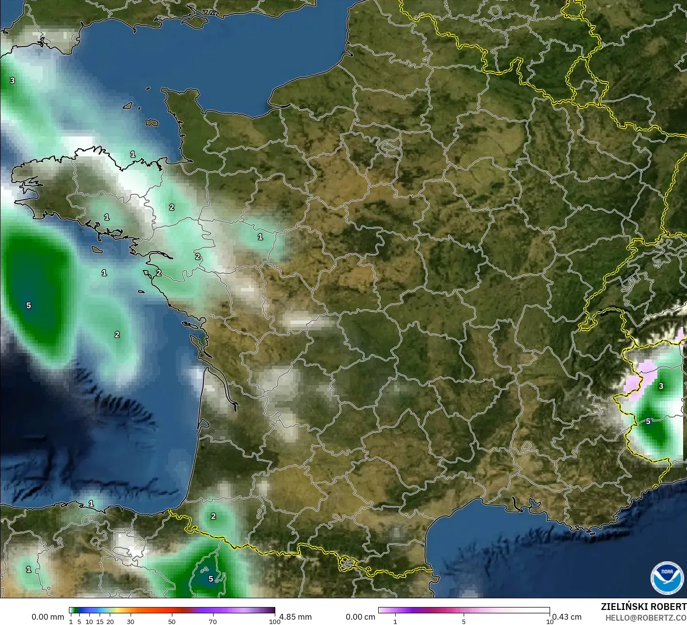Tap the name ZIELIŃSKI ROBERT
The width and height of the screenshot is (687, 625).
pos(643,607)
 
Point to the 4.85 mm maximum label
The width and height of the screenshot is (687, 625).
pos(295,617)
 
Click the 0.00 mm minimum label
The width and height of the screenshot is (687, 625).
pos(48,617)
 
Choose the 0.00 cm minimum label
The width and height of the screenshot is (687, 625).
pos(360,617)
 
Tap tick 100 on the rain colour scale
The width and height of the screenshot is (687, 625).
pos(275,622)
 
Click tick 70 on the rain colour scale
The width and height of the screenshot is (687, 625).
pos(213,622)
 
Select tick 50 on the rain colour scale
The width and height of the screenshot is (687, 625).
pos(172,622)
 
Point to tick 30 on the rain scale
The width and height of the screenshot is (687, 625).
pos(131,622)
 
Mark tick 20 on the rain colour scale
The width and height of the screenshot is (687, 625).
pos(110,622)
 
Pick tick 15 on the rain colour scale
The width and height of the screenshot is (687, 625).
pos(100,622)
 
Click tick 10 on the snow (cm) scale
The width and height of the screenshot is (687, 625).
pos(550,622)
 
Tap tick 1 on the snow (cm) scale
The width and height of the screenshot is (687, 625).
pos(395,622)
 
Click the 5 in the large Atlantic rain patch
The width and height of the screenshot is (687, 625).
pos(29,305)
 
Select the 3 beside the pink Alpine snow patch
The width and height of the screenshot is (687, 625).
pos(661,387)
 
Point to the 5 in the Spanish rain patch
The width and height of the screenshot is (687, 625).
pos(211,578)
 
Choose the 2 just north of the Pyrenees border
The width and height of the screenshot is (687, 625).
pos(214,517)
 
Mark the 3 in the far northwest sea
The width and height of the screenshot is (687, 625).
pos(13,81)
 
